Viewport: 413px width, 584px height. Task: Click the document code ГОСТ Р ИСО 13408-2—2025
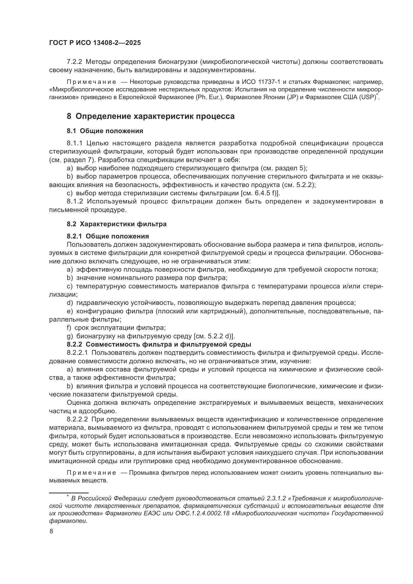[x=95, y=43]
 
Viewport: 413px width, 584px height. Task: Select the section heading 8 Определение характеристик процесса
[x=151, y=116]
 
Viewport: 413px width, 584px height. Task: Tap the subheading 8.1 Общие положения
[x=105, y=131]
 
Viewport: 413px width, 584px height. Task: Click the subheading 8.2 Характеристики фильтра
[x=116, y=224]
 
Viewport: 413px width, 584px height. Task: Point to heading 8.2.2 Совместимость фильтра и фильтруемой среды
[x=159, y=344]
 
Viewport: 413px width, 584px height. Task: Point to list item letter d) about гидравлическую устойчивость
[x=70, y=303]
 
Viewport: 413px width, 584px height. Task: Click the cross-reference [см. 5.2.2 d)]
[x=214, y=336]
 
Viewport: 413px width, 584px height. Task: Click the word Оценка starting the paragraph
[x=78, y=403]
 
